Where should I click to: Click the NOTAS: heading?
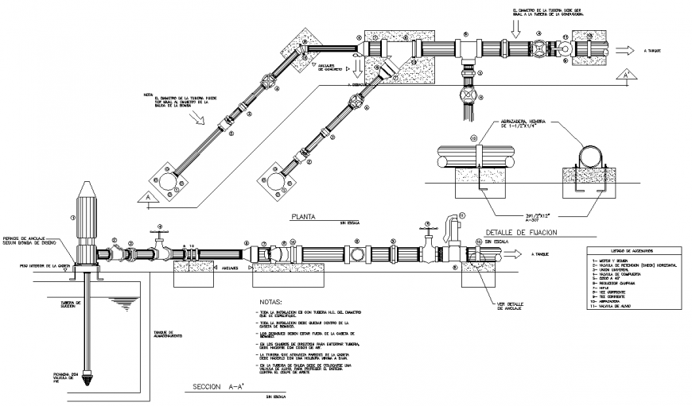point(271,303)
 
